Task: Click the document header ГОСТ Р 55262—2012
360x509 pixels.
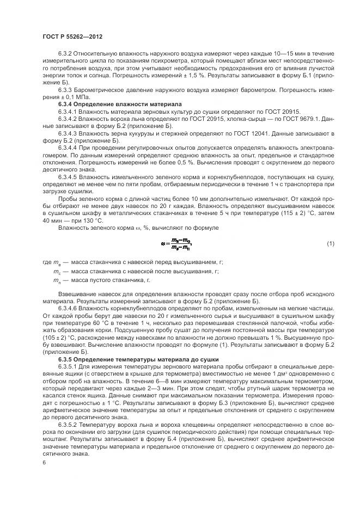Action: tap(72, 36)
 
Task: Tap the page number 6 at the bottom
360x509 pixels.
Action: tap(44, 462)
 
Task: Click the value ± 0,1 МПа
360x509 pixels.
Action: tap(69, 96)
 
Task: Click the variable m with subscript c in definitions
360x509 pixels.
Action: tap(57, 271)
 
